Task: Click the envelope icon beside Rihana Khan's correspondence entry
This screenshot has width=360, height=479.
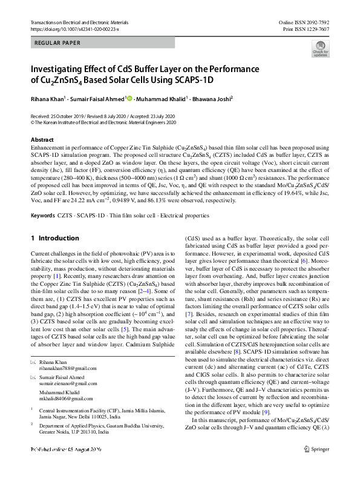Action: tap(33, 362)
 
